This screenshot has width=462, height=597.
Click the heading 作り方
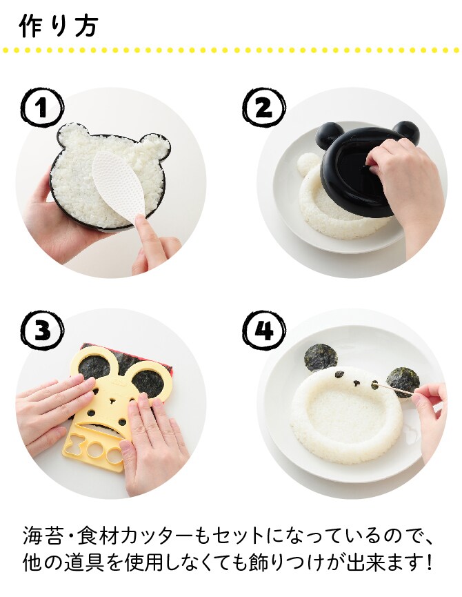click(x=58, y=26)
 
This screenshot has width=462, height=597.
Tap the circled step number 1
click(x=41, y=108)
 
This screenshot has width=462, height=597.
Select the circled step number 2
click(x=264, y=108)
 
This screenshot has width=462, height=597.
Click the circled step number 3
click(x=42, y=330)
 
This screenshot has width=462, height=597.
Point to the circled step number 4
click(x=264, y=330)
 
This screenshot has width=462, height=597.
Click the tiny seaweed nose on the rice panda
click(x=356, y=381)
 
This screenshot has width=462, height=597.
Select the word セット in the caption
click(x=238, y=536)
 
